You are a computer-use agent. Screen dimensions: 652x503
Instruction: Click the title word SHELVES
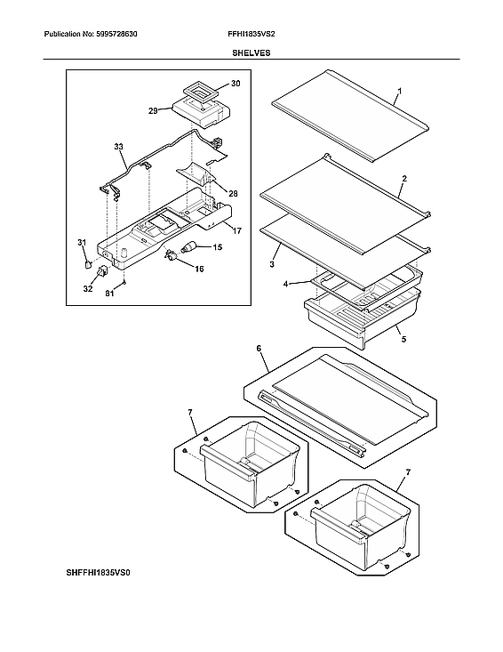(251, 53)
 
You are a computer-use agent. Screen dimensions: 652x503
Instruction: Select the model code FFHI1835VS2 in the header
(252, 34)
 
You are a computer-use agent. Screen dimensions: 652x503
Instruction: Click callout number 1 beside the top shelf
(399, 92)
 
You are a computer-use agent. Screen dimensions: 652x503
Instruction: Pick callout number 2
(403, 179)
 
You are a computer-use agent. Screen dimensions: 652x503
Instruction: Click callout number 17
(237, 230)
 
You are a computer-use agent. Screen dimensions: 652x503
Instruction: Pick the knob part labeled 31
(87, 262)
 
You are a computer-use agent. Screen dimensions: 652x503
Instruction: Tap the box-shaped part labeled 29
(198, 111)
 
